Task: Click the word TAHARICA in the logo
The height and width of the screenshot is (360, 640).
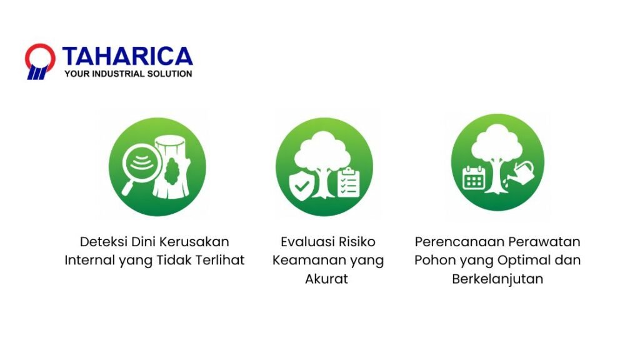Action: (127, 56)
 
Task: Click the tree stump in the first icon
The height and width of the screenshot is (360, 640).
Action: (172, 167)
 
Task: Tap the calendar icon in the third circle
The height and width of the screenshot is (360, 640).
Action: (474, 177)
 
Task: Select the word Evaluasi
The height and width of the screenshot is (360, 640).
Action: (304, 242)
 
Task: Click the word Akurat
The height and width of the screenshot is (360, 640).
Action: (326, 279)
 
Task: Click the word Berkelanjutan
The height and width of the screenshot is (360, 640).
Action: (497, 279)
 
